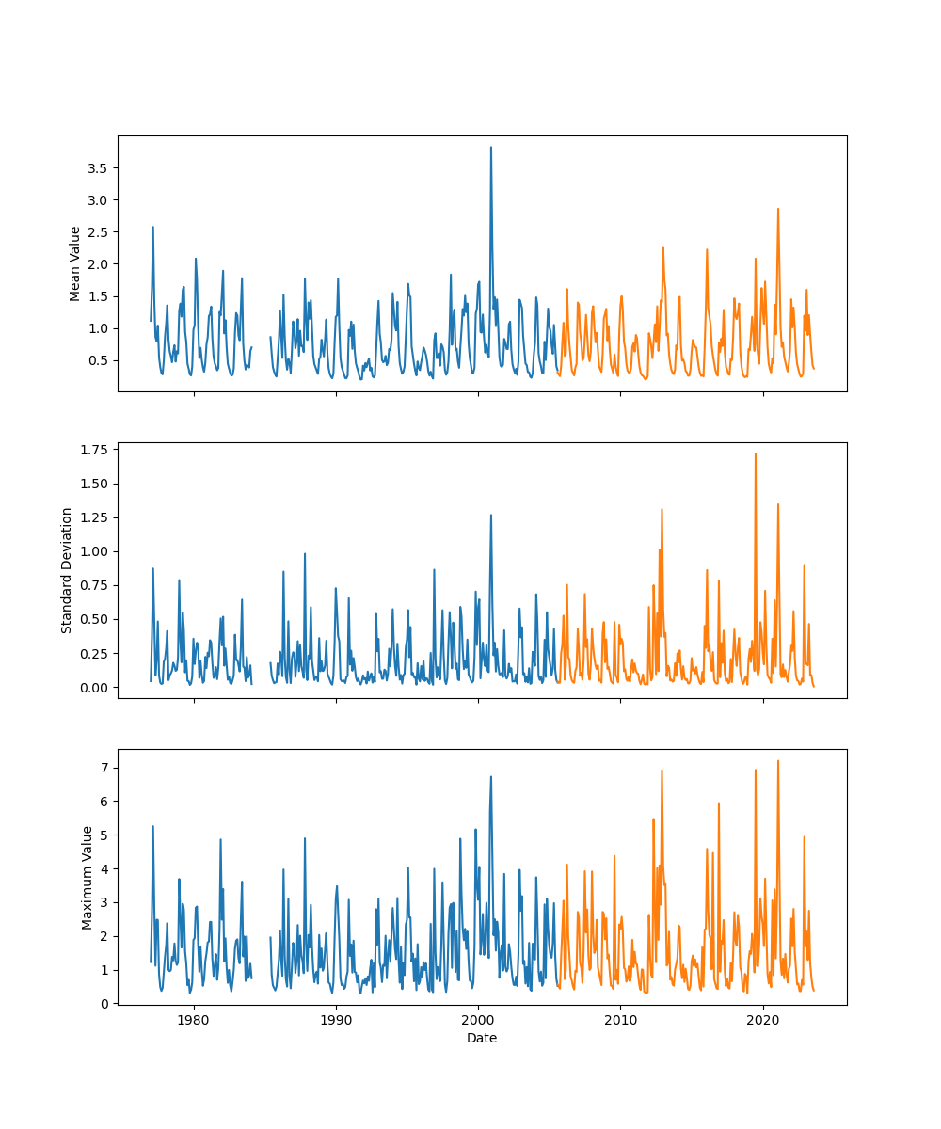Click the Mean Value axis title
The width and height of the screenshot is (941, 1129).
pos(75,263)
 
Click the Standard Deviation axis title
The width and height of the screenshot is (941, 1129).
pos(67,570)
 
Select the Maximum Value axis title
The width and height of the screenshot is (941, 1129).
pos(88,877)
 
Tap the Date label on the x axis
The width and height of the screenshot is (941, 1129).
pos(482,1038)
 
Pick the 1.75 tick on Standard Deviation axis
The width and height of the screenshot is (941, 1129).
pos(94,450)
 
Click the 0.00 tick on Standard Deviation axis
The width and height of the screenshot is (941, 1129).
pos(94,687)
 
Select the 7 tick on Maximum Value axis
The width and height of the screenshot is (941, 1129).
pos(104,768)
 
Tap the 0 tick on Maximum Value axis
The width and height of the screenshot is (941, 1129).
pos(104,1004)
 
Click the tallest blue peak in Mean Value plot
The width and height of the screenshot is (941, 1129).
pos(490,148)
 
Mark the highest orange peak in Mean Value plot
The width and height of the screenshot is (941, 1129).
pos(777,210)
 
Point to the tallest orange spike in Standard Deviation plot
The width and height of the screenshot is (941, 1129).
pos(755,454)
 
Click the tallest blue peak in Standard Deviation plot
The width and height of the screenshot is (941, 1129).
pos(490,516)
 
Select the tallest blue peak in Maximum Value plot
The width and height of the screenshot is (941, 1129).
pos(490,777)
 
